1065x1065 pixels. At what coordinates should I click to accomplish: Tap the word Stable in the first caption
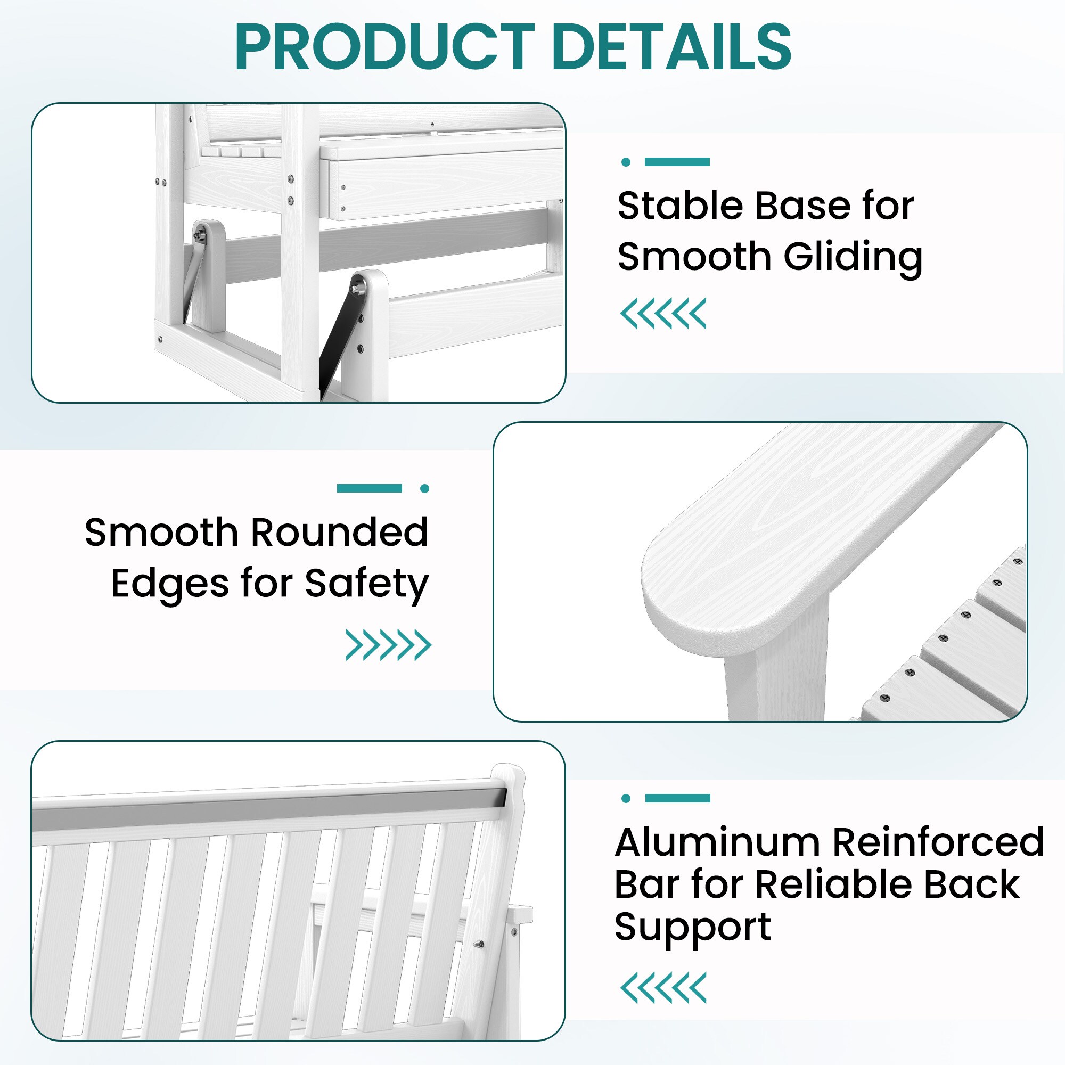click(x=680, y=206)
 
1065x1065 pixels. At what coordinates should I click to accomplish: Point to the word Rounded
click(x=340, y=532)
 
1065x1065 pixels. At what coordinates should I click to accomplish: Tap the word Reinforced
click(x=938, y=842)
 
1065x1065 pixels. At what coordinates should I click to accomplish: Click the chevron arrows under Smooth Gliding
click(x=663, y=314)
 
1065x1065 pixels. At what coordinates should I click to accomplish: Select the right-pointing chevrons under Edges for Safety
click(x=388, y=645)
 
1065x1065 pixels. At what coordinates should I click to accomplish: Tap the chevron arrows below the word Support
click(x=663, y=988)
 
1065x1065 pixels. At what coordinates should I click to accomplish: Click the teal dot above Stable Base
click(x=626, y=162)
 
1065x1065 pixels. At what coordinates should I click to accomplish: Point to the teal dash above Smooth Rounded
click(x=370, y=488)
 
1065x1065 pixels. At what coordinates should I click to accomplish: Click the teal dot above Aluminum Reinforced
click(x=626, y=798)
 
